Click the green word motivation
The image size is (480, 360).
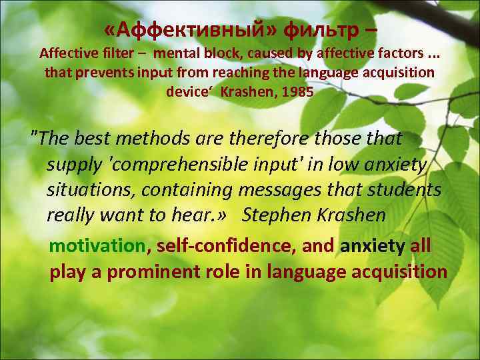pyautogui.click(x=97, y=246)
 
